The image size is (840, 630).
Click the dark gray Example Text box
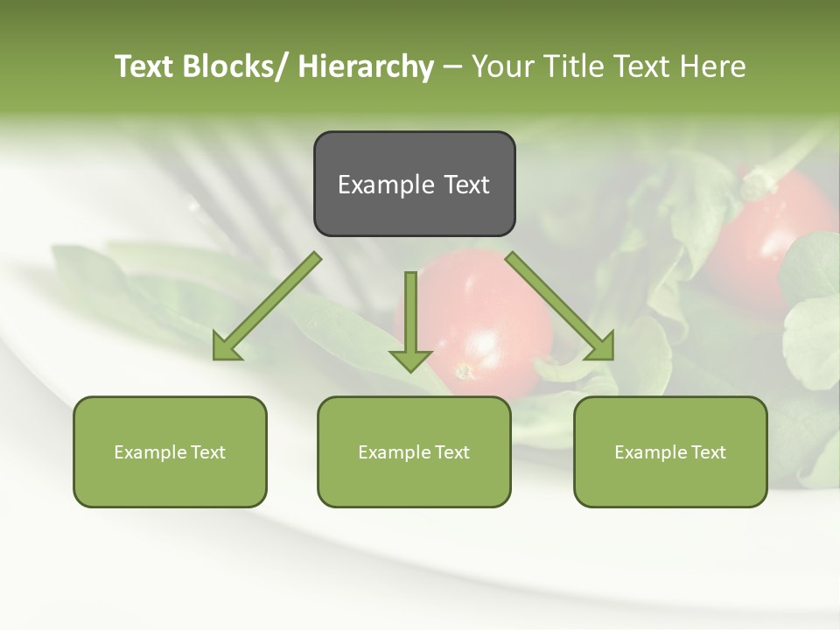point(414,184)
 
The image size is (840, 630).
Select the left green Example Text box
point(170,451)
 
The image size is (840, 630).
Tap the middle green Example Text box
point(414,451)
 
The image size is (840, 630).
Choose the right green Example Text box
point(670,451)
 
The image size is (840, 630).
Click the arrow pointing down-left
point(267,306)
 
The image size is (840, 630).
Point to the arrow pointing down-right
point(560,306)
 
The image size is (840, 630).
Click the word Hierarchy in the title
point(365,66)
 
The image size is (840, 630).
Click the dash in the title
point(452,67)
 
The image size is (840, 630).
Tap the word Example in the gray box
point(380,185)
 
